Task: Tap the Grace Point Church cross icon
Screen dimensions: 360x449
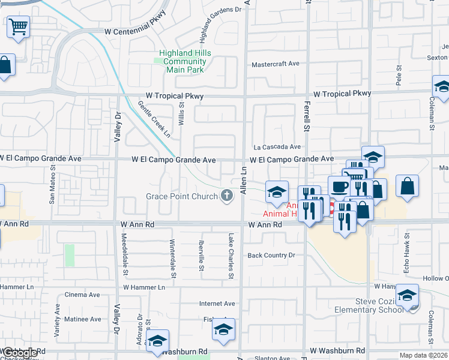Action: (x=227, y=196)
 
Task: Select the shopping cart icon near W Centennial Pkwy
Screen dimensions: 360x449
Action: (x=19, y=26)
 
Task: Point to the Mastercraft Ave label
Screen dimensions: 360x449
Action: (x=276, y=64)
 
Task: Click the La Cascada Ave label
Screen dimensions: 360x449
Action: (x=277, y=146)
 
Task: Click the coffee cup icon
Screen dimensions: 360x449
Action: (x=339, y=186)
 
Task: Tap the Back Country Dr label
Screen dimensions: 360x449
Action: (x=272, y=255)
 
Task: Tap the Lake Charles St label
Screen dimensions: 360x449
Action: (x=231, y=256)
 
